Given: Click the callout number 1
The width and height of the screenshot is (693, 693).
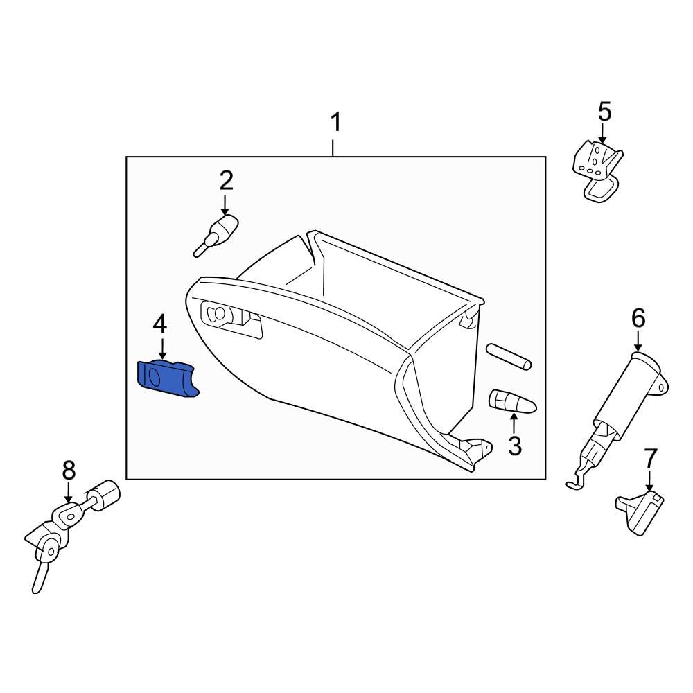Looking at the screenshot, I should click(335, 123).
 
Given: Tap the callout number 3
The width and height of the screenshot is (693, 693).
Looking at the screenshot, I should click(514, 446).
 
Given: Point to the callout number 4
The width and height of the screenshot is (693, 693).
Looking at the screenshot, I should click(160, 323).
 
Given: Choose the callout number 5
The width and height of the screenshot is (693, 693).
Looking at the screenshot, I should click(604, 111).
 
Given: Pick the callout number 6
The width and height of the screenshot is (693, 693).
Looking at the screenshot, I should click(638, 318).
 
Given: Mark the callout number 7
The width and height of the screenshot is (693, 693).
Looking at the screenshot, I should click(649, 458).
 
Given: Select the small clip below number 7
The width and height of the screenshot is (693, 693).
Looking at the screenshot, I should click(639, 511).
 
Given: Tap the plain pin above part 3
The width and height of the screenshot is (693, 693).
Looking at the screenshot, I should click(509, 355).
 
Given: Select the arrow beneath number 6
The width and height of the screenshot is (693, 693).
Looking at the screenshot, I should click(638, 340).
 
